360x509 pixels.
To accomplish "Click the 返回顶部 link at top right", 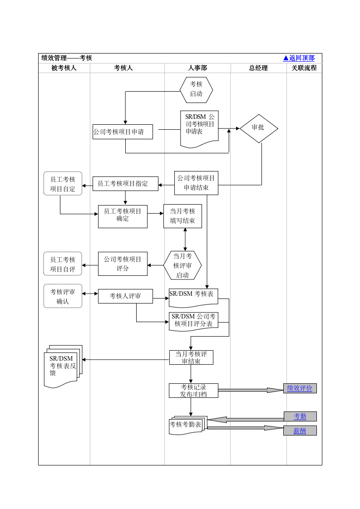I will [299, 58].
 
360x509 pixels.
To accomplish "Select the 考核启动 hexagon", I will [196, 90].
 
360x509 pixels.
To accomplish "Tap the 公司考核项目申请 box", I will [123, 132].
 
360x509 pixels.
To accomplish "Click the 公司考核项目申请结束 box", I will [196, 183].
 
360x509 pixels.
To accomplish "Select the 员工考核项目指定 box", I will [125, 184].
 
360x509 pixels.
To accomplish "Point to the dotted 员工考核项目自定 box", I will [63, 184].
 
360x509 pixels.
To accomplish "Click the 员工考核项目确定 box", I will [123, 216].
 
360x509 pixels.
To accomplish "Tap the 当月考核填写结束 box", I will [182, 216].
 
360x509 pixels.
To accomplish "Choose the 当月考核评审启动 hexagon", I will [182, 265].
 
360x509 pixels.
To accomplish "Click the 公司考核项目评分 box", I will [123, 264].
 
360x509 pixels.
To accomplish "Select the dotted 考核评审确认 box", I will [63, 296].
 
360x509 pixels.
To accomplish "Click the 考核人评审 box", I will [125, 296].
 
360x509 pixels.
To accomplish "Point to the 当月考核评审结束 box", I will [191, 357].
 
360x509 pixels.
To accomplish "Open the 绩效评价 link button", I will [300, 388].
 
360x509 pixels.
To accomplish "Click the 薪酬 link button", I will [300, 431].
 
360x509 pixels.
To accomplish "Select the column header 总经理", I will [258, 68].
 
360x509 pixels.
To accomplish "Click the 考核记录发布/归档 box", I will [193, 391].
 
